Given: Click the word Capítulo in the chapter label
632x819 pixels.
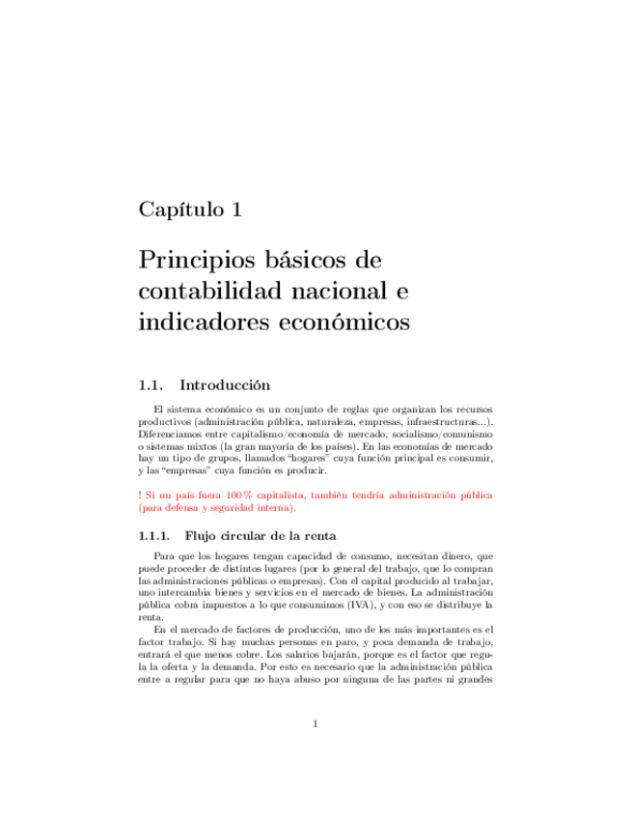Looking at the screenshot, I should (x=178, y=210).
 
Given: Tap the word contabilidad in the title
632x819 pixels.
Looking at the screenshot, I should (x=205, y=291).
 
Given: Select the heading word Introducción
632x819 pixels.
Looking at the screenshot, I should (x=233, y=385).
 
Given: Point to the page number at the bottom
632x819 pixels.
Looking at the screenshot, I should (x=316, y=749).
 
